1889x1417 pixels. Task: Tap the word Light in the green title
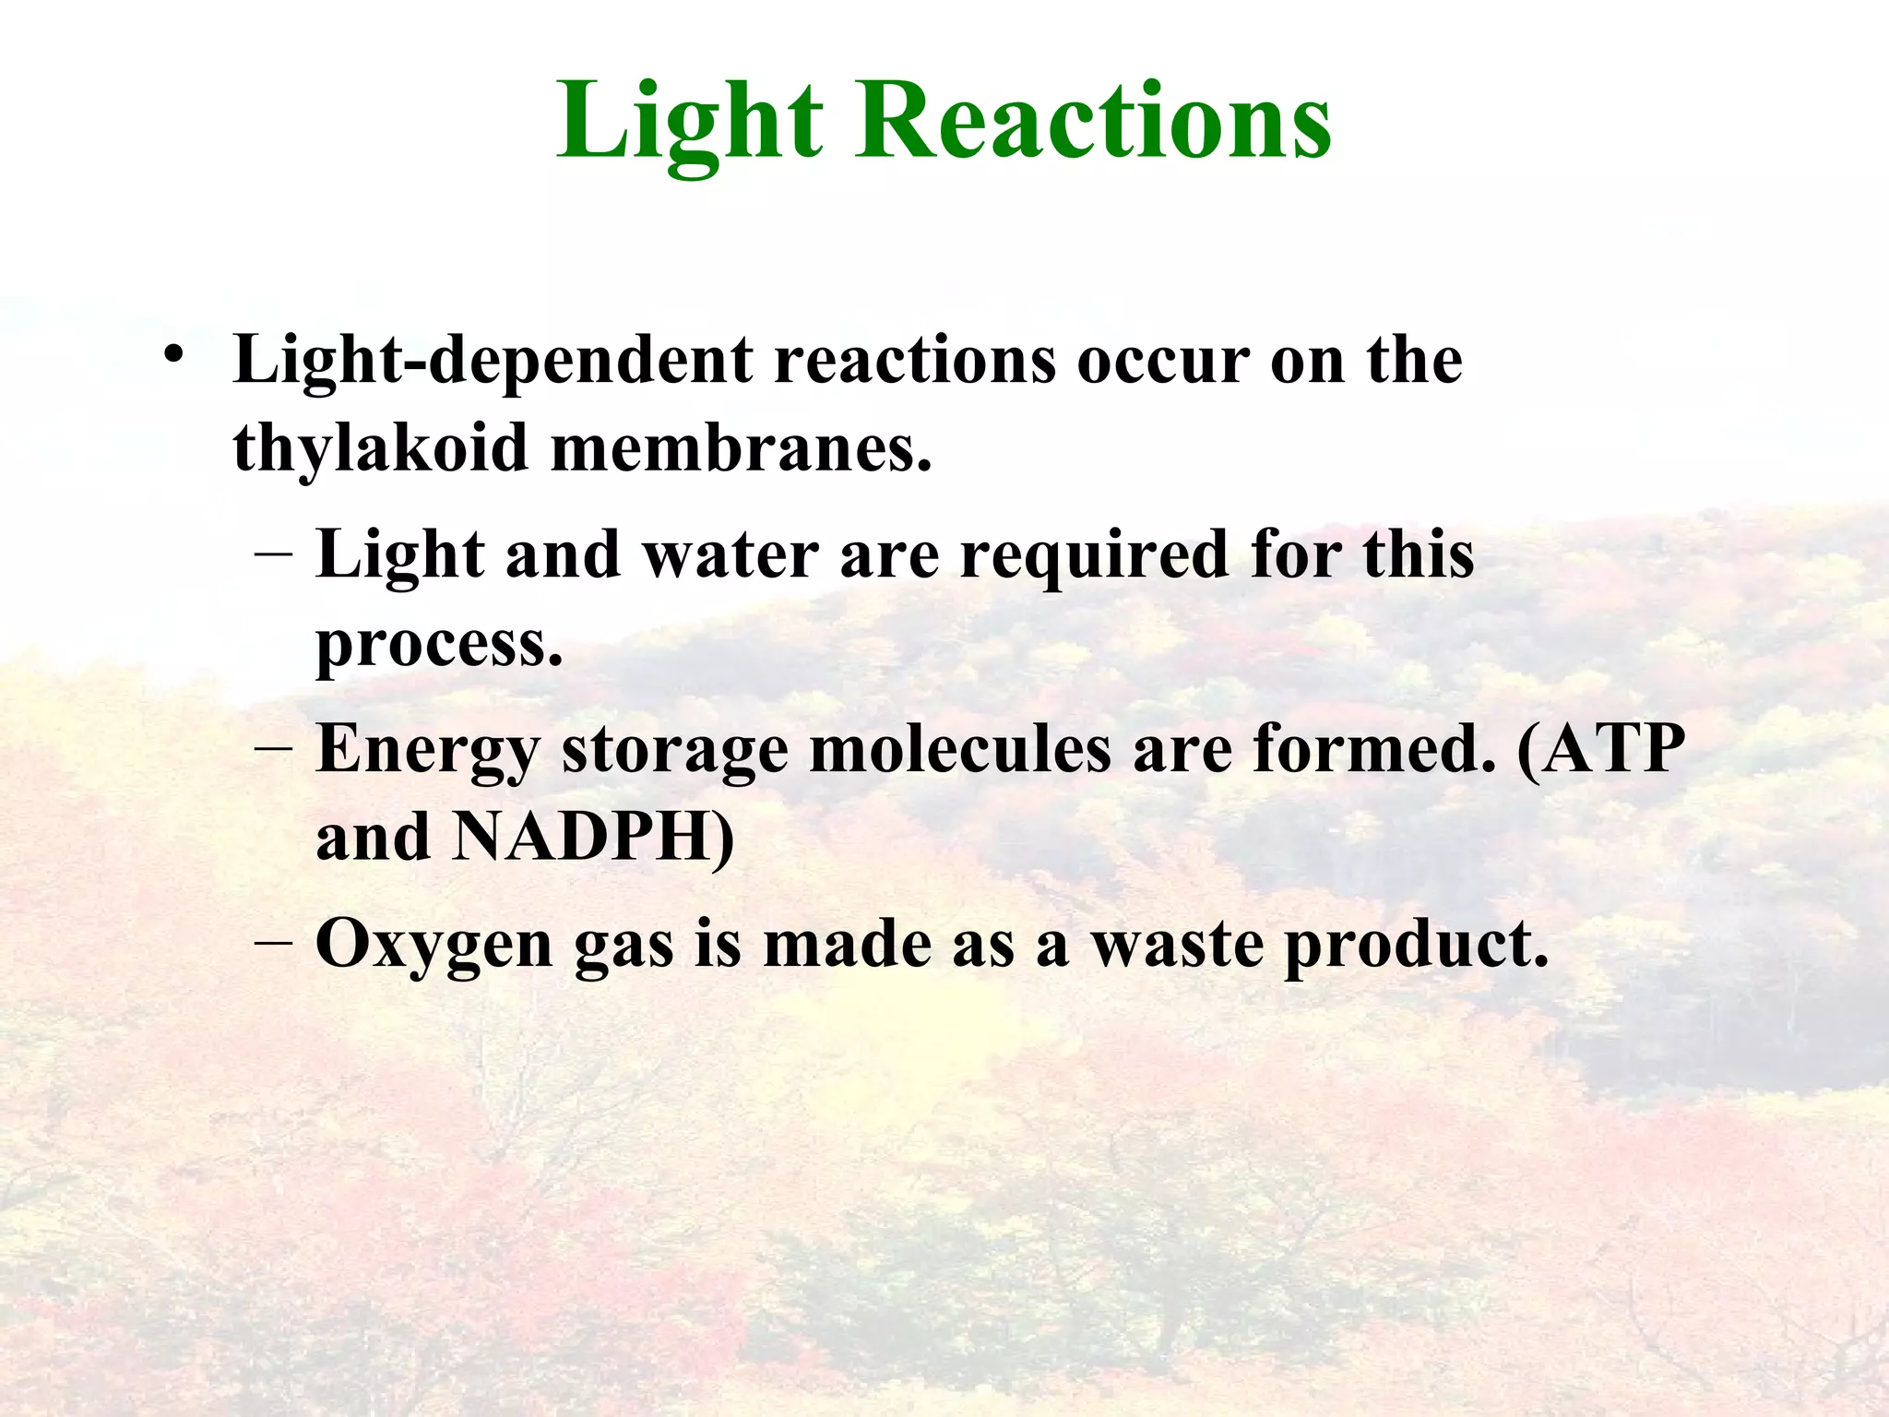click(689, 122)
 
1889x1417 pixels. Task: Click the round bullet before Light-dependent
click(172, 354)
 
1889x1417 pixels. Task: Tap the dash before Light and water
click(273, 554)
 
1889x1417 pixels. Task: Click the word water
click(730, 555)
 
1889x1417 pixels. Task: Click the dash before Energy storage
click(273, 748)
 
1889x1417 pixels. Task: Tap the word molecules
click(960, 748)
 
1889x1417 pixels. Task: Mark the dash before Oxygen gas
click(273, 943)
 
